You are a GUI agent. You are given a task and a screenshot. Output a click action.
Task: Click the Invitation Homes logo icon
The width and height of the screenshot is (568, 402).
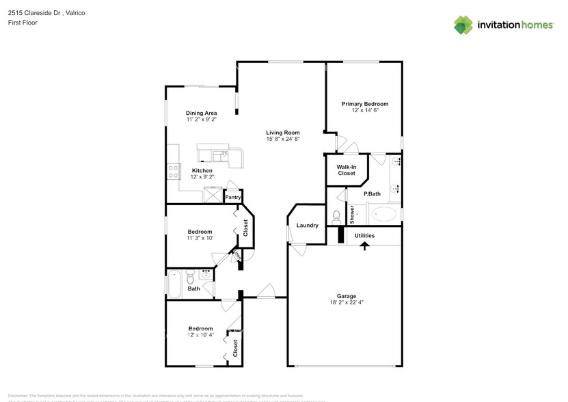pyautogui.click(x=463, y=25)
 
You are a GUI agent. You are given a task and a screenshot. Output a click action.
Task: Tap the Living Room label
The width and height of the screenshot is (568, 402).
pyautogui.click(x=283, y=133)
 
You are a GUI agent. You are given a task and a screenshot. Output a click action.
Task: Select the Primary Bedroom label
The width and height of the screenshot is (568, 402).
pyautogui.click(x=365, y=104)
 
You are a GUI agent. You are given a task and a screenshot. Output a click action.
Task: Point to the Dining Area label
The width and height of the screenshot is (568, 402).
pyautogui.click(x=201, y=113)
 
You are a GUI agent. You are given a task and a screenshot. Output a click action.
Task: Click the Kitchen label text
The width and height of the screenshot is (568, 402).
pyautogui.click(x=202, y=170)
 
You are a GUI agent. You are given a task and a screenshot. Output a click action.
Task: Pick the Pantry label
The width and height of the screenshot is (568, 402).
pyautogui.click(x=233, y=198)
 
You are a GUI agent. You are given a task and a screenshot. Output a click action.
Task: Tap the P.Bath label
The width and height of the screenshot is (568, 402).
pyautogui.click(x=372, y=194)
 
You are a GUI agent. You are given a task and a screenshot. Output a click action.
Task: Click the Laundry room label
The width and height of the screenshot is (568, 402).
pyautogui.click(x=307, y=225)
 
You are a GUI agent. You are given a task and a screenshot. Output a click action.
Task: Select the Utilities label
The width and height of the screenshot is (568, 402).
pyautogui.click(x=364, y=235)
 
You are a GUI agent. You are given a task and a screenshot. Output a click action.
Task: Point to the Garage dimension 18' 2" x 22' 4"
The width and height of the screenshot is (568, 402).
pyautogui.click(x=346, y=303)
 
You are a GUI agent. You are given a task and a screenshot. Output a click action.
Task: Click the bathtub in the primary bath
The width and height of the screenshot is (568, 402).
pyautogui.click(x=384, y=215)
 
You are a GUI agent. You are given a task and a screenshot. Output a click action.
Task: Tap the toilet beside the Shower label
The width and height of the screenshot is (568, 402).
pyautogui.click(x=336, y=217)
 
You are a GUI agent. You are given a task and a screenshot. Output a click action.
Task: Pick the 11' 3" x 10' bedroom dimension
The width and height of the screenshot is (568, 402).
pyautogui.click(x=200, y=238)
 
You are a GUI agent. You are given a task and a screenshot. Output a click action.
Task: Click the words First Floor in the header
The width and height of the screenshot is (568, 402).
pyautogui.click(x=23, y=23)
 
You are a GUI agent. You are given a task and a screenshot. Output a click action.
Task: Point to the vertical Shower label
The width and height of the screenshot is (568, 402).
pyautogui.click(x=353, y=215)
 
